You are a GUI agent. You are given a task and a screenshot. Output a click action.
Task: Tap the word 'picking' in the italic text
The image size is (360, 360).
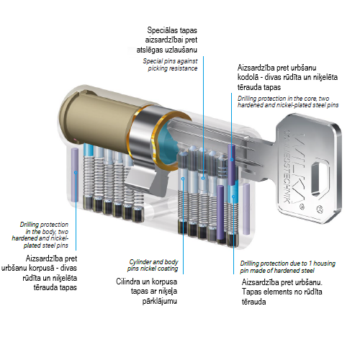(x=158, y=68)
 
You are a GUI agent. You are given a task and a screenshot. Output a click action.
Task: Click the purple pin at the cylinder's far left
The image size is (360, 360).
(x=75, y=175)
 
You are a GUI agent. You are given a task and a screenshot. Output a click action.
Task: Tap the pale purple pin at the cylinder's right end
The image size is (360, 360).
(x=246, y=209)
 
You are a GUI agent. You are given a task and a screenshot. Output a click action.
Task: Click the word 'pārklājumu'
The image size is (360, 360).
(x=160, y=301)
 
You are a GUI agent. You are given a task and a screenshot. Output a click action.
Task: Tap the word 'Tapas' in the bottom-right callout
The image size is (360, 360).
(x=251, y=292)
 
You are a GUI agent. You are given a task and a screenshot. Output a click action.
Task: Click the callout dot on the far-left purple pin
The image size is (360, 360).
(x=76, y=173)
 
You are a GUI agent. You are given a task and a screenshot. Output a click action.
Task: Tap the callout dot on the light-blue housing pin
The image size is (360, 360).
(x=233, y=197)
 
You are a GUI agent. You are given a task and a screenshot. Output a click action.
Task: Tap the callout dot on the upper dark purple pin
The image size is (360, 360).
(x=232, y=160)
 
